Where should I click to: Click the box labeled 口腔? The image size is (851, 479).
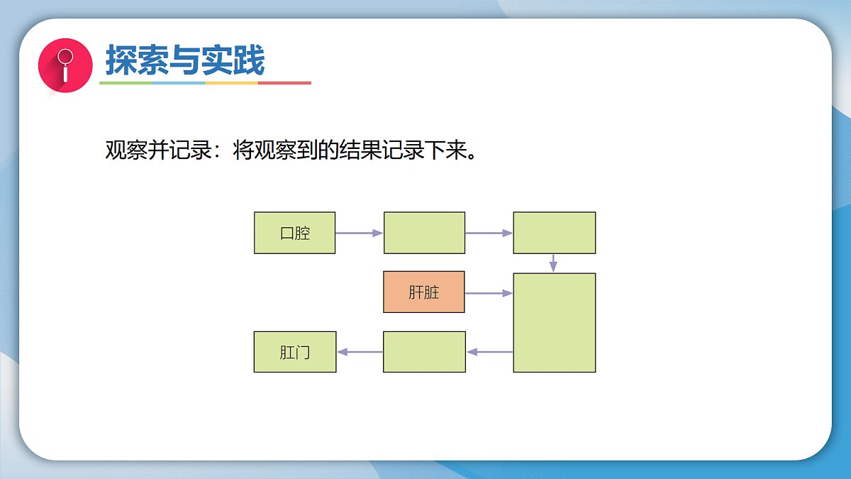(294, 233)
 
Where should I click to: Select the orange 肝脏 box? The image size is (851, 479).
(424, 292)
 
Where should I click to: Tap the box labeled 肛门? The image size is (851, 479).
(294, 352)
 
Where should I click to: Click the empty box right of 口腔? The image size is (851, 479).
(424, 233)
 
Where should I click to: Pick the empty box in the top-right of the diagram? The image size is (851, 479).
(554, 233)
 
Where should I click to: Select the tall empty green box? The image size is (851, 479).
(554, 322)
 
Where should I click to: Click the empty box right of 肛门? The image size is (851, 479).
(424, 352)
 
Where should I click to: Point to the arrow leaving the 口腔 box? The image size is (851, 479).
(359, 233)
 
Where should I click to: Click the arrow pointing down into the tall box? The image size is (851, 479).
(554, 263)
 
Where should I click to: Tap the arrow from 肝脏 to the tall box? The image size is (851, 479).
(489, 292)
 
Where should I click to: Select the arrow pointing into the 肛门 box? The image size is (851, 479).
(360, 352)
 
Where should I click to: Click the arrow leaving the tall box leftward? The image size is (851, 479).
(489, 352)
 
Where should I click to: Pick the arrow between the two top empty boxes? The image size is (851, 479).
(489, 233)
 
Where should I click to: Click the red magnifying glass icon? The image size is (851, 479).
(65, 65)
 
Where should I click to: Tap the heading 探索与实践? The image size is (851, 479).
(185, 60)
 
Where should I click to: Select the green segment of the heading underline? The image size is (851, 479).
(126, 83)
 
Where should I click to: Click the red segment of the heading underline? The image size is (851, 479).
(284, 83)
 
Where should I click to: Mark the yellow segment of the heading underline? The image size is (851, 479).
(231, 83)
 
